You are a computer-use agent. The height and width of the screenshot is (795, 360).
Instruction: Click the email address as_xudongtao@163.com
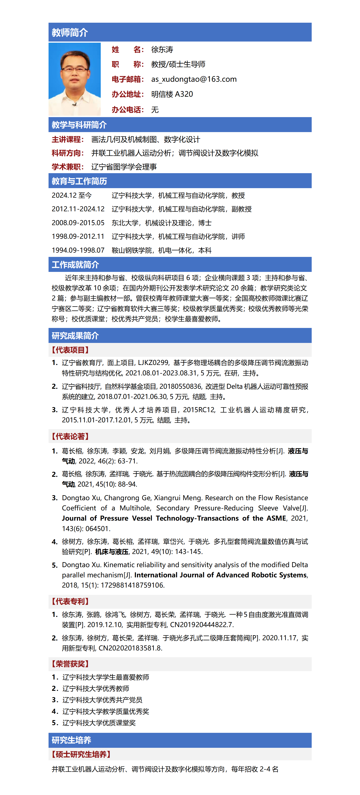click(194, 79)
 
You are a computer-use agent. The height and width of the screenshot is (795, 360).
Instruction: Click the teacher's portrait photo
click(75, 79)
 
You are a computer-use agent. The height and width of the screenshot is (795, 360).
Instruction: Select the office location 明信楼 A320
click(172, 94)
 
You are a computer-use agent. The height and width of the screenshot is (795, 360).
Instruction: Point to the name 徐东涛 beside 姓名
click(162, 50)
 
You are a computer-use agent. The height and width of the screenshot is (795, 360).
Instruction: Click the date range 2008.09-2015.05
click(78, 223)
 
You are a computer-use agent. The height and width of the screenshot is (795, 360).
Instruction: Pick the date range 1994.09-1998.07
click(78, 250)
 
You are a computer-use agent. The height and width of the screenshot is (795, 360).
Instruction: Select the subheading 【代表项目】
click(70, 350)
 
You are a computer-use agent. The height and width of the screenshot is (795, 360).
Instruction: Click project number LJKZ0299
click(153, 363)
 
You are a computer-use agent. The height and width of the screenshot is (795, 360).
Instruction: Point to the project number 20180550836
click(181, 387)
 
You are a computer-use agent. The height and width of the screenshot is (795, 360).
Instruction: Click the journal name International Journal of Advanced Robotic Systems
click(220, 575)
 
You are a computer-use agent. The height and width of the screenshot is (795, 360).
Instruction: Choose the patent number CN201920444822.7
click(202, 625)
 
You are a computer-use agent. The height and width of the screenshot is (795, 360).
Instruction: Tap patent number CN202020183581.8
click(130, 648)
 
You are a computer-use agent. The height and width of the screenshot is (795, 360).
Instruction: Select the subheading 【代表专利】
click(70, 601)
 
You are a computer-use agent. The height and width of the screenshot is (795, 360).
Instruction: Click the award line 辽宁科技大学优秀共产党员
click(102, 700)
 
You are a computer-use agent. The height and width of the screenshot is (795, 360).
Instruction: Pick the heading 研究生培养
click(71, 740)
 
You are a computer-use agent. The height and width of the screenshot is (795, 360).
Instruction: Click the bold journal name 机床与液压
click(112, 551)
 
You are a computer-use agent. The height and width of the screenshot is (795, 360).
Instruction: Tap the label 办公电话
click(127, 110)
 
